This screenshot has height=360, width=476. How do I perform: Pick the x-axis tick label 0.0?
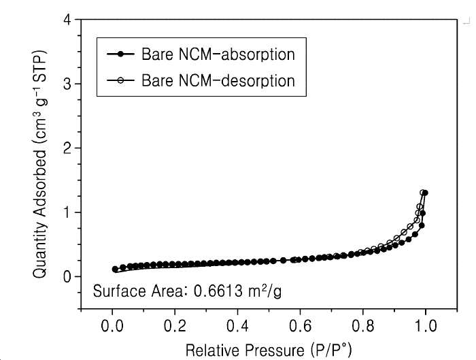(112, 326)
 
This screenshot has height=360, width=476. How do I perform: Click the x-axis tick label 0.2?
(175, 326)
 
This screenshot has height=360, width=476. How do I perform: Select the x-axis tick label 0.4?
(238, 326)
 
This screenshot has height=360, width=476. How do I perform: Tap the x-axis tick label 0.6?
(301, 326)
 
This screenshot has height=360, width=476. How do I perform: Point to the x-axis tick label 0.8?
(363, 326)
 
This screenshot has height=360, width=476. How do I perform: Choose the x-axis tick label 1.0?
(426, 326)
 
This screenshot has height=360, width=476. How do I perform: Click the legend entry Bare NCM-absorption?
(218, 54)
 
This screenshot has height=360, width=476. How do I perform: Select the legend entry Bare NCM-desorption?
(218, 81)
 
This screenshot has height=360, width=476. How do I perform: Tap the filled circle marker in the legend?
(120, 54)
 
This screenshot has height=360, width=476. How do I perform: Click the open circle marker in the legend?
(120, 80)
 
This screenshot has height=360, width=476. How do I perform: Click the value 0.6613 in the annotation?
(218, 291)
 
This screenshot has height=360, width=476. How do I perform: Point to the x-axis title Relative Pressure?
(245, 350)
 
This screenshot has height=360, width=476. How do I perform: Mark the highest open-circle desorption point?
(422, 193)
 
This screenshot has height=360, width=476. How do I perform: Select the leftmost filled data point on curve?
(115, 269)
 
